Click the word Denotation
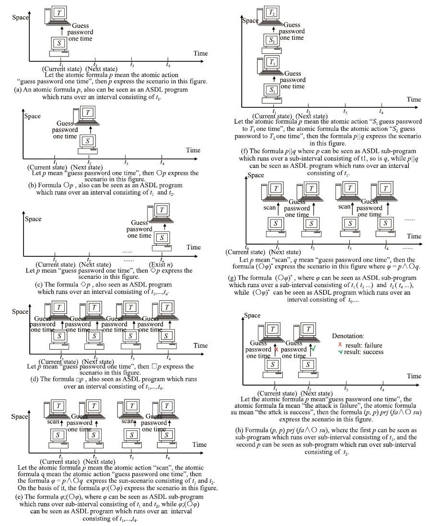pyautogui.click(x=348, y=336)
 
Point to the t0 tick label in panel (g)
pyautogui.click(x=247, y=247)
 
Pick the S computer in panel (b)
pyautogui.click(x=87, y=141)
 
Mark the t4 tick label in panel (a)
pyautogui.click(x=168, y=64)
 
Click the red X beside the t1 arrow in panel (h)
pyautogui.click(x=277, y=350)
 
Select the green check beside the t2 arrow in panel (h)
pyautogui.click(x=313, y=350)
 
